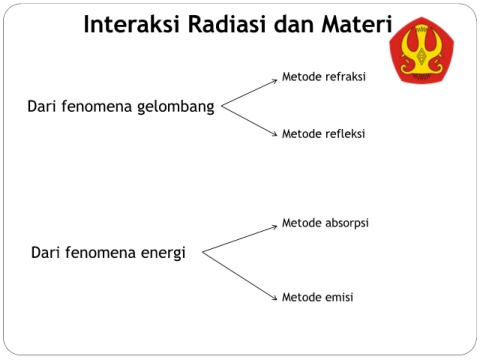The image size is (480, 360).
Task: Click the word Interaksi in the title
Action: [132, 24]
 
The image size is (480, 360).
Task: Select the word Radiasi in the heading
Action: [227, 24]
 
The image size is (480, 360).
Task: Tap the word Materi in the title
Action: [357, 24]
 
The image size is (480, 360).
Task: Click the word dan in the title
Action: [294, 24]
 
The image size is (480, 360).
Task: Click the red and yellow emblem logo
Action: [422, 50]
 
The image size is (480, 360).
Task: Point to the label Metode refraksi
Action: [324, 77]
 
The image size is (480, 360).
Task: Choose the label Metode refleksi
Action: [323, 134]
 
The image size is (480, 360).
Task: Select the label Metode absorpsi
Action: [325, 223]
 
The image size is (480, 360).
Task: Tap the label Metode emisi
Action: [318, 297]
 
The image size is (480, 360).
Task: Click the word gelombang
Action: [176, 107]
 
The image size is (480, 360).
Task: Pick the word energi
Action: [163, 253]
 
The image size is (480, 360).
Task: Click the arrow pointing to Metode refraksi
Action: [249, 93]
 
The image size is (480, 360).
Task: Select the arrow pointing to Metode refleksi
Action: [249, 121]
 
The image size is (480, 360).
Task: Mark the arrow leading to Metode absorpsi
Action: [240, 239]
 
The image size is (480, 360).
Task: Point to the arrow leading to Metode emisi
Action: [240, 276]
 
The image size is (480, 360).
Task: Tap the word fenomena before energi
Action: [101, 252]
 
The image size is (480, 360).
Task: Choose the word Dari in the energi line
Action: [45, 252]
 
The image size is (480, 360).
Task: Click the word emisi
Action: [337, 297]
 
